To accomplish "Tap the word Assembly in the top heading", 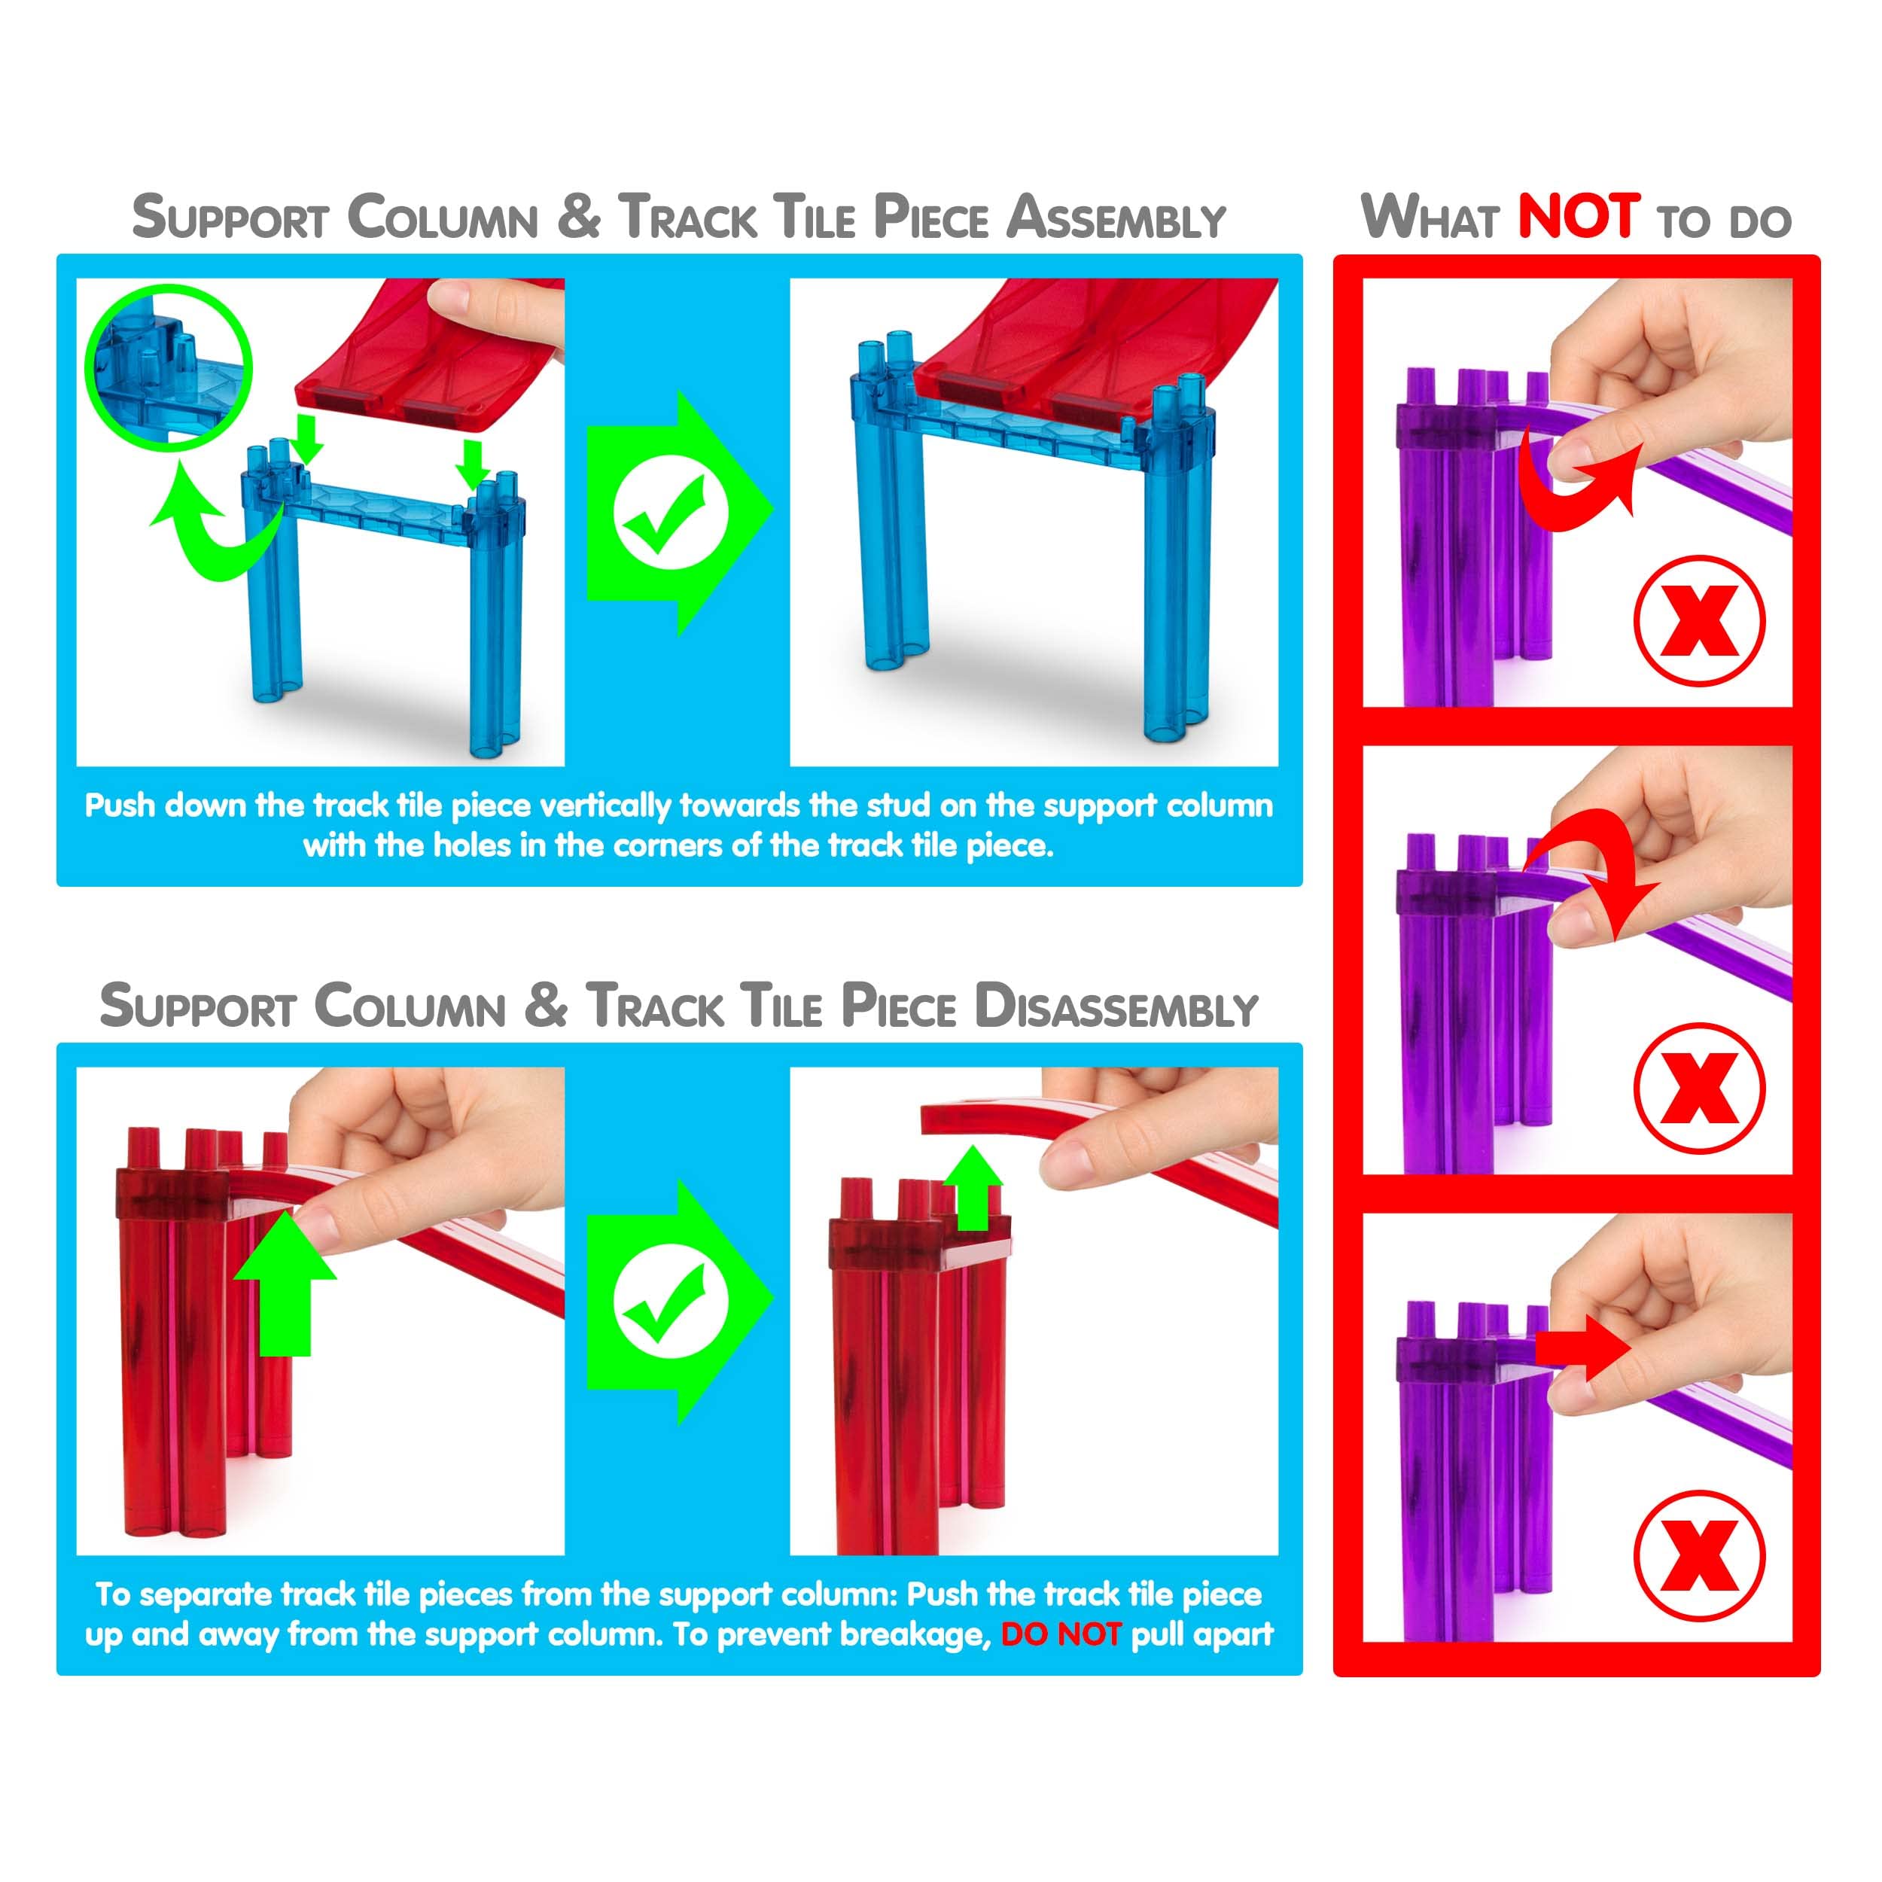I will pos(1116,218).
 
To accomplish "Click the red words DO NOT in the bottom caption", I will pos(1061,1634).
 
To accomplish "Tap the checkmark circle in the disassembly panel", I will pos(670,1302).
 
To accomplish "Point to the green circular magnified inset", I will pos(169,367).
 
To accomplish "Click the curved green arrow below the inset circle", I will pos(209,526).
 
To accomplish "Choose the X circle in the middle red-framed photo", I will pos(1699,1088).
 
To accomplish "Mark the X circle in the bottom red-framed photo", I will pos(1699,1556).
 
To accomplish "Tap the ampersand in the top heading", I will pos(579,216).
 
